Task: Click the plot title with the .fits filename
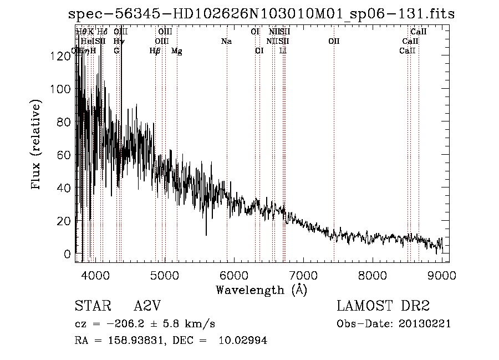click(261, 13)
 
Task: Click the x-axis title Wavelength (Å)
click(261, 290)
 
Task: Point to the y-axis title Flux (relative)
click(37, 145)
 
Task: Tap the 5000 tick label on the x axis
click(164, 275)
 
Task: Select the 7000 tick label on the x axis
click(303, 275)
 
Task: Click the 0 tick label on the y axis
click(68, 254)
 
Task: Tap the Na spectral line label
click(226, 42)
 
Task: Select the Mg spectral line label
click(177, 51)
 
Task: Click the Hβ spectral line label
click(155, 51)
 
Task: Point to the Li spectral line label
click(283, 51)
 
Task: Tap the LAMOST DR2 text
click(383, 307)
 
